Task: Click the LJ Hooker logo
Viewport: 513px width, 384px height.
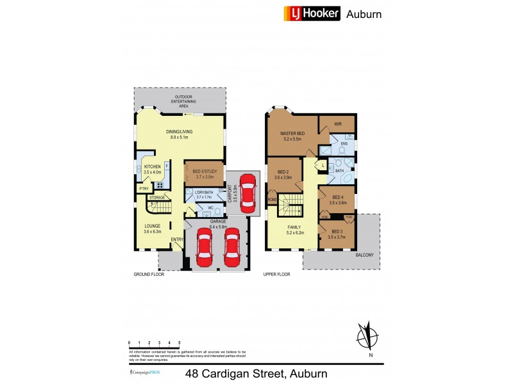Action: (312, 13)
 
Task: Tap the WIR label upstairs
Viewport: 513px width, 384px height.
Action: (337, 124)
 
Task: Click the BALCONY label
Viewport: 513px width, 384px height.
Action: (364, 255)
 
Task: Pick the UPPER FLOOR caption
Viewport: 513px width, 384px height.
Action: (277, 274)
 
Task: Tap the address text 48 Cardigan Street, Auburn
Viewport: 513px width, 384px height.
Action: (256, 373)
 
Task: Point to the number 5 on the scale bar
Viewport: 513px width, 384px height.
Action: (179, 343)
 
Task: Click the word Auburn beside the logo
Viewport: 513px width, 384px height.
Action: (364, 13)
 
